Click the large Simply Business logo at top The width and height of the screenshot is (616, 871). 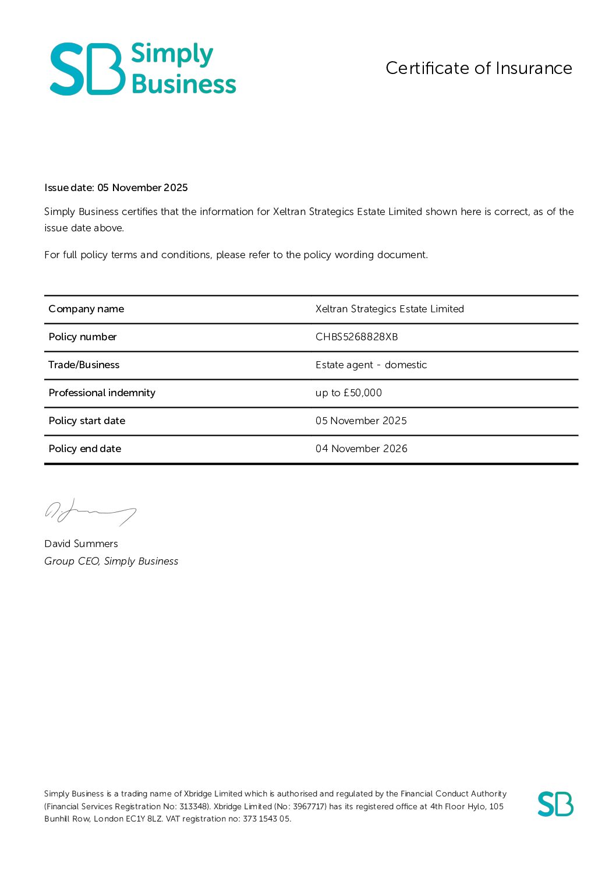[x=143, y=69]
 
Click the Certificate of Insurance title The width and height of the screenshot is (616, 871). [x=479, y=68]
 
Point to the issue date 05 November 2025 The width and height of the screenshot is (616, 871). [x=143, y=188]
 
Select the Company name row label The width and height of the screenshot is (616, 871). [x=86, y=309]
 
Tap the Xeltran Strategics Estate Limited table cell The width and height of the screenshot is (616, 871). [x=390, y=309]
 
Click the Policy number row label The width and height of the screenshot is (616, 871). [x=83, y=337]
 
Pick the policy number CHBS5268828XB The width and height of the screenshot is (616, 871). [x=356, y=337]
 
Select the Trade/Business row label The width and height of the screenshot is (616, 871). [x=84, y=365]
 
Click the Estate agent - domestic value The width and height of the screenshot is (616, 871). [x=371, y=365]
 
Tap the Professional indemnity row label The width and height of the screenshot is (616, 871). [x=102, y=393]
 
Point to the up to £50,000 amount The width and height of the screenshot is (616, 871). [x=348, y=393]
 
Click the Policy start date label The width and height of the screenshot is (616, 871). [x=87, y=421]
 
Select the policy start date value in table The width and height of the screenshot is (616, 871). [x=361, y=421]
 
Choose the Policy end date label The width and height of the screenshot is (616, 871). [x=85, y=449]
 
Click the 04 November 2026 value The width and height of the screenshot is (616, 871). [x=361, y=449]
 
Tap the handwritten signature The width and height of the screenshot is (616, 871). [x=90, y=512]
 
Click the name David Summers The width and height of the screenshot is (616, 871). [x=81, y=544]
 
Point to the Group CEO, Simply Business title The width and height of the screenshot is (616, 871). [x=111, y=561]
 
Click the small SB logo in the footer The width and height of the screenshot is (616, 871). [x=555, y=804]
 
